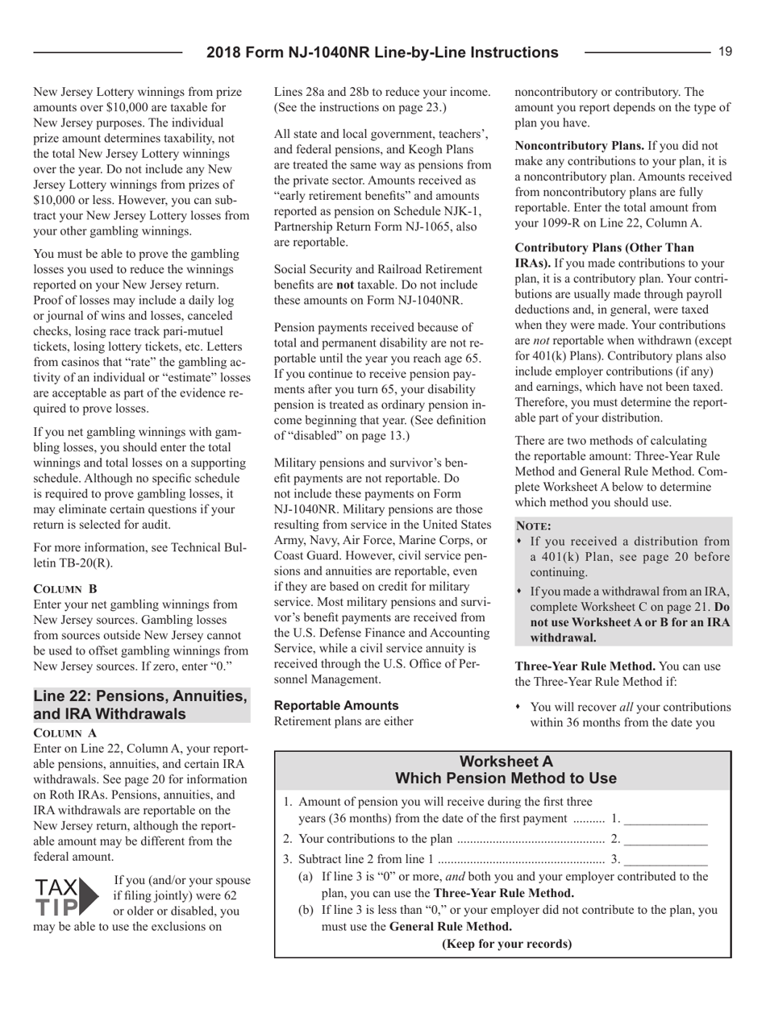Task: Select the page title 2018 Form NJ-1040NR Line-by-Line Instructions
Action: click(382, 53)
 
